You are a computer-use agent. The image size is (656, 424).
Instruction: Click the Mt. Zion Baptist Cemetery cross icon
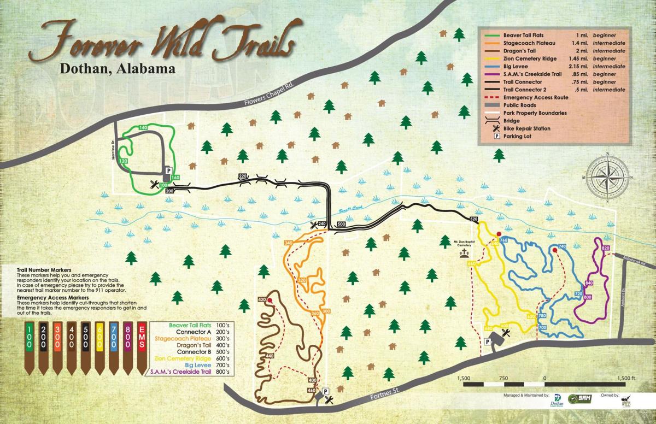pyautogui.click(x=464, y=255)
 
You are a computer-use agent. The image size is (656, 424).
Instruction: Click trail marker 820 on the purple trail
pyautogui.click(x=605, y=249)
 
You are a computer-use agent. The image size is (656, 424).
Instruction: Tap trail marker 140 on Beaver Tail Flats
pyautogui.click(x=144, y=127)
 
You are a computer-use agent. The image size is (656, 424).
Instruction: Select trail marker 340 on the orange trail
pyautogui.click(x=289, y=243)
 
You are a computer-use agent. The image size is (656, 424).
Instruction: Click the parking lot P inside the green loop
pyautogui.click(x=168, y=170)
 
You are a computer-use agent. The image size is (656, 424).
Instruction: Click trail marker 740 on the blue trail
pyautogui.click(x=561, y=247)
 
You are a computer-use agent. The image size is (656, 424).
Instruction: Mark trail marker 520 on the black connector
pyautogui.click(x=473, y=219)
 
